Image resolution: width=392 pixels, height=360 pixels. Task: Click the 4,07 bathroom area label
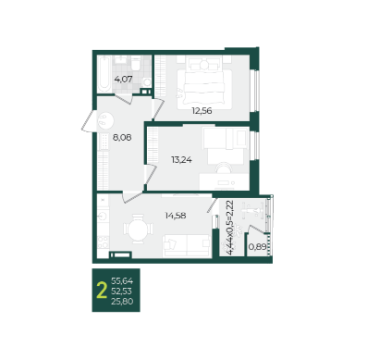123,80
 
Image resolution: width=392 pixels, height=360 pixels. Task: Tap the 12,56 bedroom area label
202,111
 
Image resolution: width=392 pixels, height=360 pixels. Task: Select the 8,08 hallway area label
122,138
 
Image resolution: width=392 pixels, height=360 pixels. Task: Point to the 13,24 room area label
181,160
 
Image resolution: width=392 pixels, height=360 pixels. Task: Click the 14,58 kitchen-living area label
176,216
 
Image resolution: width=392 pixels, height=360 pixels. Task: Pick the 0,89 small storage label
257,247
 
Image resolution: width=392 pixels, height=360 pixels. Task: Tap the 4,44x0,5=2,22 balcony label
229,228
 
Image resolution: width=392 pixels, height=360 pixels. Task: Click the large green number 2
102,291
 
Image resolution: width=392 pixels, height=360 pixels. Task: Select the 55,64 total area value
122,281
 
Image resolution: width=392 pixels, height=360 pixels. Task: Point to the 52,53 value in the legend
121,292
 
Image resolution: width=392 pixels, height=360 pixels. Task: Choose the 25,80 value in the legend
122,302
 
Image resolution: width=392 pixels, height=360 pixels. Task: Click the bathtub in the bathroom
104,74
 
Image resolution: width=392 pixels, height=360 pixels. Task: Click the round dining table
138,229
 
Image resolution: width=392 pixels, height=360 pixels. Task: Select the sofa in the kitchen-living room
187,245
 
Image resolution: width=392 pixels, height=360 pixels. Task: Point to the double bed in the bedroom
204,82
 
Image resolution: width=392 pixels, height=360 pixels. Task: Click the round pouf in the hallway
105,120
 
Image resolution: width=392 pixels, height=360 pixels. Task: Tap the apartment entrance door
88,121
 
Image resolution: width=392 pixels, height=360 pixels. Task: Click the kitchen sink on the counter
103,216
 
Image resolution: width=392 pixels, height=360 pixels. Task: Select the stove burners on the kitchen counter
103,242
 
